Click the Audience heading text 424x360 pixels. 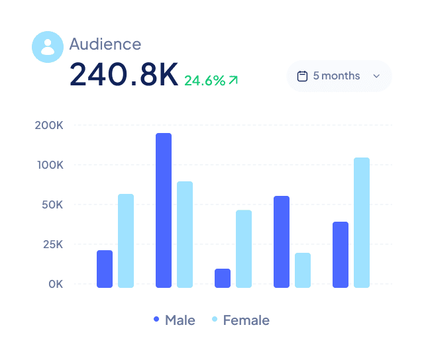click(x=105, y=44)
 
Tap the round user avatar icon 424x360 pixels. click(x=47, y=47)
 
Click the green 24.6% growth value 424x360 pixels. click(x=204, y=81)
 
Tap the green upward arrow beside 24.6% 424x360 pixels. click(x=233, y=80)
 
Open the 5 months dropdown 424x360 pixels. click(x=339, y=76)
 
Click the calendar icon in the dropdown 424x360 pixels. click(x=302, y=76)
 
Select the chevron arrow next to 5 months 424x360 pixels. click(x=376, y=76)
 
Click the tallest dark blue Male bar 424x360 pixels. click(x=164, y=210)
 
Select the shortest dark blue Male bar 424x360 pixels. click(x=223, y=278)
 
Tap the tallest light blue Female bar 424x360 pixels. click(x=362, y=222)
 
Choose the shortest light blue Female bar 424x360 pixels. click(x=303, y=270)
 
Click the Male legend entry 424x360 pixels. click(x=174, y=320)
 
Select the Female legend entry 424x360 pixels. click(x=240, y=320)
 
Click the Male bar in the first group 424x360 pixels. click(x=105, y=269)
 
